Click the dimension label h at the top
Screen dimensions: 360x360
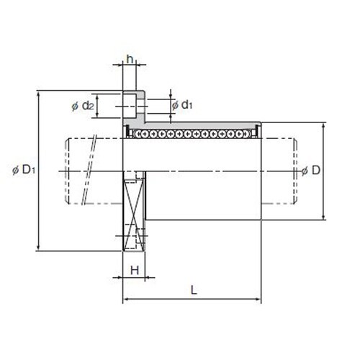(130, 59)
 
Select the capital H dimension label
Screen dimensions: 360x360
(135, 271)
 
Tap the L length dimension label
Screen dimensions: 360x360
(194, 290)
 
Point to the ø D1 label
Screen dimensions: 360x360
(24, 170)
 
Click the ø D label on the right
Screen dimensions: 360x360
(311, 171)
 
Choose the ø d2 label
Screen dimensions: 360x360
(83, 106)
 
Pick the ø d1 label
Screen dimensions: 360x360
(182, 105)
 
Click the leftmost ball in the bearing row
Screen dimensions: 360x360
(138, 134)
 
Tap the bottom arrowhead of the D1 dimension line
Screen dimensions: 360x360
(38, 248)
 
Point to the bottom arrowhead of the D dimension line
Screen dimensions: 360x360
(324, 217)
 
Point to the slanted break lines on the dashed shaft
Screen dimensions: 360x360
(89, 169)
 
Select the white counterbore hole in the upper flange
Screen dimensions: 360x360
(130, 106)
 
